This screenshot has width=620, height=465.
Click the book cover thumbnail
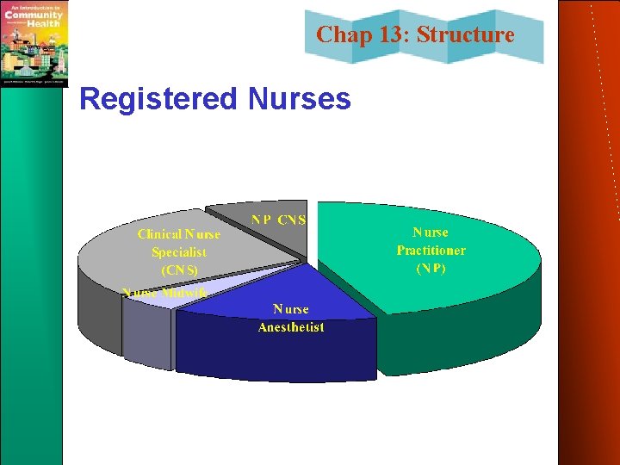(34, 43)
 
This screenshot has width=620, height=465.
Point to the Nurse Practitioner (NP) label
(431, 250)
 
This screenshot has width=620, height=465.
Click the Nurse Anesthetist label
(291, 318)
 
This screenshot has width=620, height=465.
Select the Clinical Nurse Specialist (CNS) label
(178, 251)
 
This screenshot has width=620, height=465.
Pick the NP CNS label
(278, 220)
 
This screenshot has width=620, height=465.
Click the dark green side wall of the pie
(456, 344)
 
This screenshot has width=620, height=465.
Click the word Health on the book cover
(43, 23)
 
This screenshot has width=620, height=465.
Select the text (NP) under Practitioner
(431, 268)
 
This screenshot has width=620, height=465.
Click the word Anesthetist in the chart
(291, 327)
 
